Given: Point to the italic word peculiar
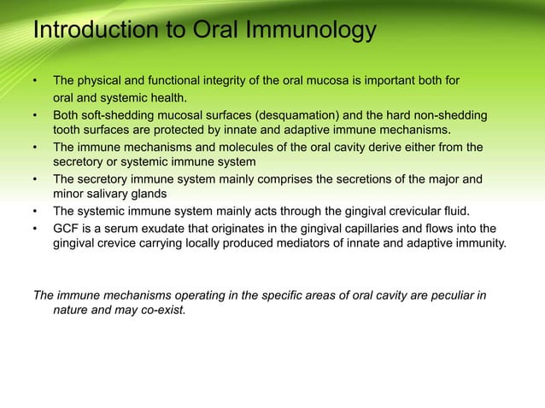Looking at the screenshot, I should point(450,295).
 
